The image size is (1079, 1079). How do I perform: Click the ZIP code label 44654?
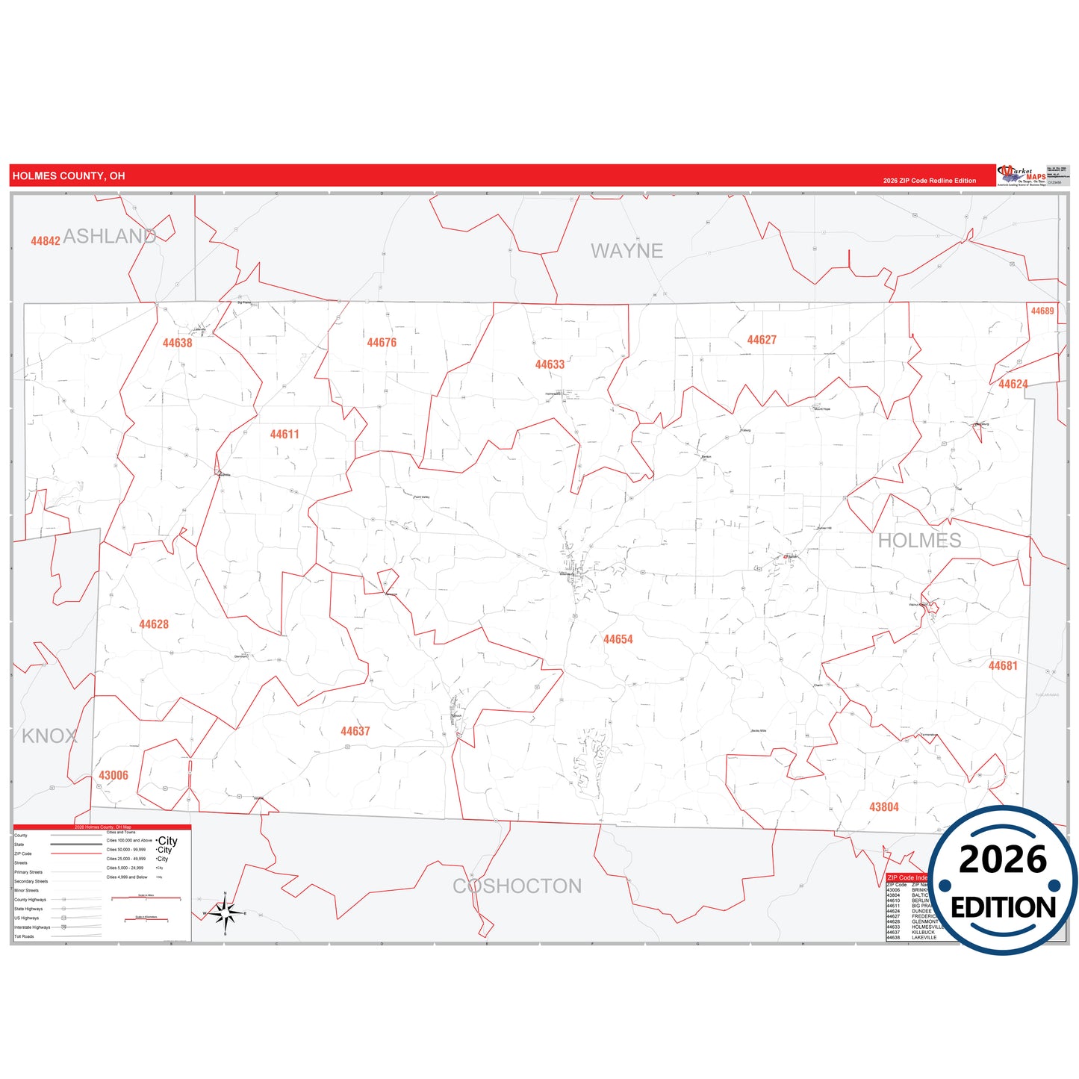click(x=618, y=639)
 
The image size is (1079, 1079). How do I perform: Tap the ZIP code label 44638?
click(x=177, y=343)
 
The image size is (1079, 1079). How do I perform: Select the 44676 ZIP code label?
click(x=382, y=342)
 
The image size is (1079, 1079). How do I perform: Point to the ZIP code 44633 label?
click(x=550, y=364)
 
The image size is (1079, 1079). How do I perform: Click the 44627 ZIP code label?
click(x=762, y=340)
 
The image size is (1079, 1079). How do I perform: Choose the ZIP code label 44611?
click(x=284, y=434)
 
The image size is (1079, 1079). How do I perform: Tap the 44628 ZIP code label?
click(x=154, y=624)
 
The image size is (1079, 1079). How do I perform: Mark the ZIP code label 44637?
click(x=355, y=731)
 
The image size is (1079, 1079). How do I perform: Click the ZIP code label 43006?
click(x=114, y=775)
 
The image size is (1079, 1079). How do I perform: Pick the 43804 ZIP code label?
click(x=884, y=806)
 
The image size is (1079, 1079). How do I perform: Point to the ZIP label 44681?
click(x=1003, y=665)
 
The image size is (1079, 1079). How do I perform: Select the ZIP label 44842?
click(x=46, y=240)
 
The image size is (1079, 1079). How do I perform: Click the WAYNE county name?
click(x=626, y=251)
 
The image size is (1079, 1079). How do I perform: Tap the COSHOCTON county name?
click(x=517, y=886)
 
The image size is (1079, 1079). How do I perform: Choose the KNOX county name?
click(x=49, y=736)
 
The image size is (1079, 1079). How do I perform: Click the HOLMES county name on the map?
click(x=919, y=541)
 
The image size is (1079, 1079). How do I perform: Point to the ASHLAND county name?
click(x=110, y=236)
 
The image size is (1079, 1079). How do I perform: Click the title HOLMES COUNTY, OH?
click(x=69, y=176)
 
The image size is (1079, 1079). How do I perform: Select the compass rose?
click(x=225, y=912)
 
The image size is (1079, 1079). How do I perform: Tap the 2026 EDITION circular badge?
click(x=1003, y=881)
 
